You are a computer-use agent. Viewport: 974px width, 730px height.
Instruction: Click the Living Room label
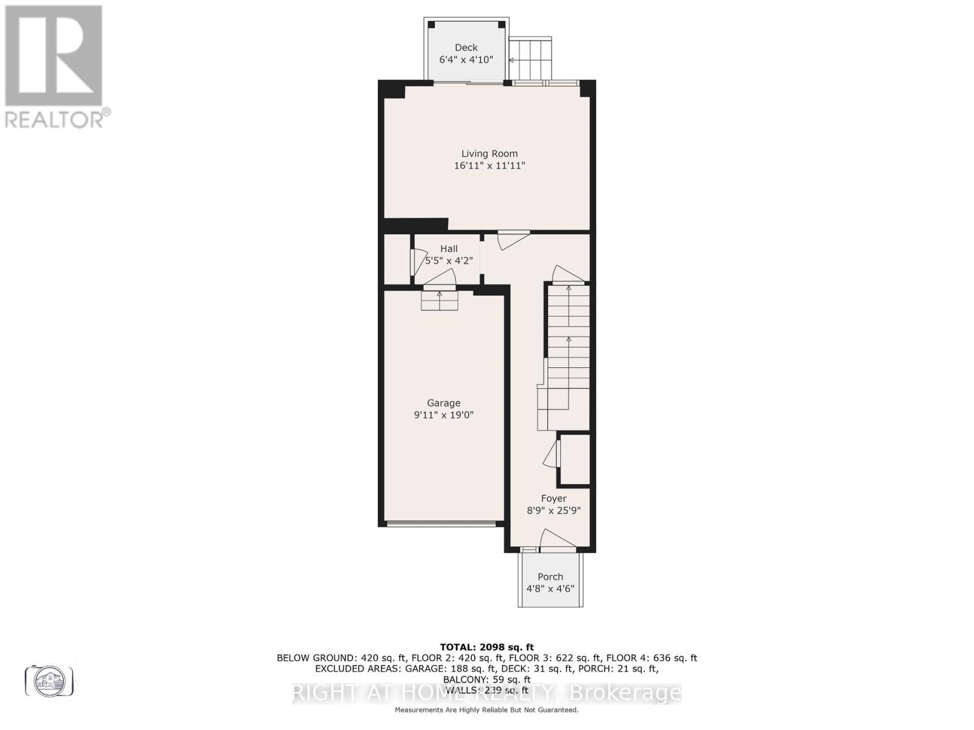489,154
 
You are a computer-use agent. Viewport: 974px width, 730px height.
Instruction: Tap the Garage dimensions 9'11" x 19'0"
443,415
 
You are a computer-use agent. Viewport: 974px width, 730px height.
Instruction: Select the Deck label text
466,47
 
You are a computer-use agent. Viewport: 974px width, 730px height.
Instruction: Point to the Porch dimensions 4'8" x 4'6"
550,589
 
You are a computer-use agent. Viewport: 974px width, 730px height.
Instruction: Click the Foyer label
553,499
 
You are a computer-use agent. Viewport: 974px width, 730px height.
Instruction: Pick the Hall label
449,249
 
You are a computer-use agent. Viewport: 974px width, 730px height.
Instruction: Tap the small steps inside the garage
440,301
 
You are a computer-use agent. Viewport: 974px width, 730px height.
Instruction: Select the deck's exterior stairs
530,58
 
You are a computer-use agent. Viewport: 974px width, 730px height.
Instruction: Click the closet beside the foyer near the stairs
575,459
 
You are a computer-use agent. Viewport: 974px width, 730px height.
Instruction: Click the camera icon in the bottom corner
49,680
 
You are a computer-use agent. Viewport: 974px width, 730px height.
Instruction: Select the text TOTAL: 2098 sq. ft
486,647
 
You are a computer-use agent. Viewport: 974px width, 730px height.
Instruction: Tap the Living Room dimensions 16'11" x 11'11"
489,165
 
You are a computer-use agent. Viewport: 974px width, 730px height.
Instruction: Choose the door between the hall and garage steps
440,279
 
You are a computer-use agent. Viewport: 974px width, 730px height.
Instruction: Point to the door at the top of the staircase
567,275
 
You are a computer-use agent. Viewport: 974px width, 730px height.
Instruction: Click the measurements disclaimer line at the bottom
486,710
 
